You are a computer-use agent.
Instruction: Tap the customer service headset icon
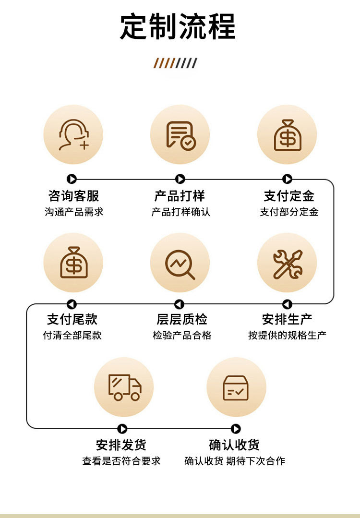(x=73, y=134)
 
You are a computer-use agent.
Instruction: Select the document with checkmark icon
(x=180, y=134)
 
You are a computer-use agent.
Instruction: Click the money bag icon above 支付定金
(x=287, y=134)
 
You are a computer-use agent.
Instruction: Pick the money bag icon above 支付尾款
(x=73, y=262)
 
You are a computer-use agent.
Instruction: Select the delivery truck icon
(x=124, y=387)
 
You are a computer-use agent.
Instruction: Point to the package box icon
(x=236, y=387)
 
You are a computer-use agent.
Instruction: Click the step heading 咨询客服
(x=73, y=196)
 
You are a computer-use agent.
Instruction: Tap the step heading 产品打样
(x=180, y=196)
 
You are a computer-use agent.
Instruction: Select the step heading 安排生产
(x=287, y=319)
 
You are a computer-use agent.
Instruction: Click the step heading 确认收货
(x=234, y=445)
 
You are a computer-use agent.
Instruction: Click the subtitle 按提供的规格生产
(x=287, y=335)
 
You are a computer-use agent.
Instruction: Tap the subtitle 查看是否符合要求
(x=121, y=461)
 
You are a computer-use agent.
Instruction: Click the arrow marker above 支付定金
(x=287, y=179)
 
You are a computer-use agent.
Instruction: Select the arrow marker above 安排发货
(x=122, y=429)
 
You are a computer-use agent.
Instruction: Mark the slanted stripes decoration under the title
(x=175, y=63)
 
